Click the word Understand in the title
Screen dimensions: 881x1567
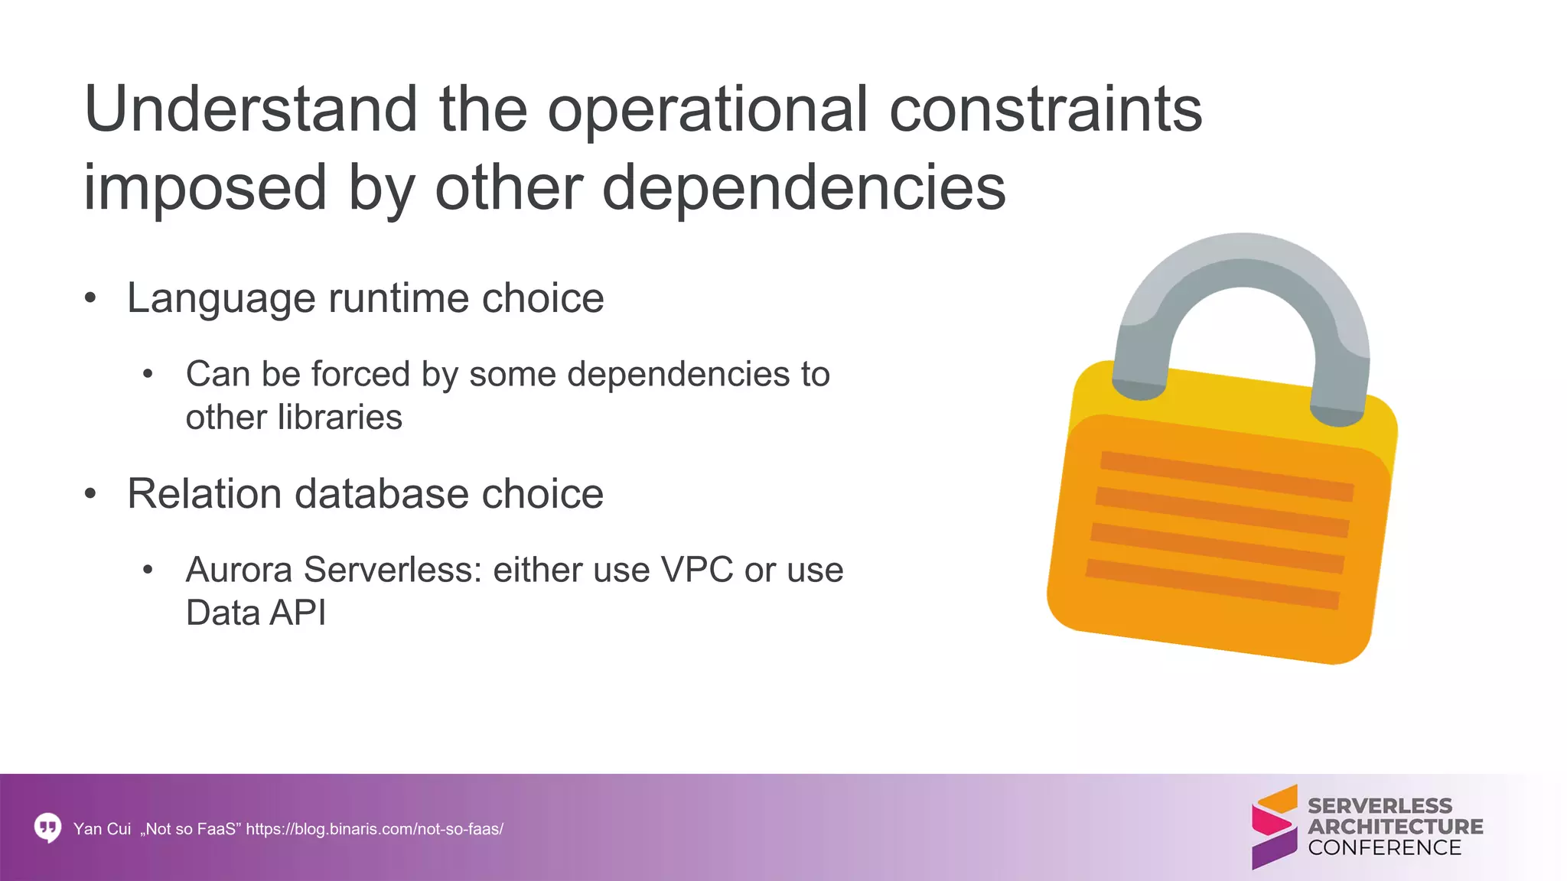tap(251, 109)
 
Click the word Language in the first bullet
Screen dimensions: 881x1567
tap(221, 298)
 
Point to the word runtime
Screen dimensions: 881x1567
tap(394, 298)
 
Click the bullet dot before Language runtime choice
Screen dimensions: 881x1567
tap(91, 298)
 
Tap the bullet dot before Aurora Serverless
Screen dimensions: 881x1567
tap(148, 571)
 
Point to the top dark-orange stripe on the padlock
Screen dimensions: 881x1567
tap(1227, 476)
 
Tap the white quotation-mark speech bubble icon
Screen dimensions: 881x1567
tap(48, 827)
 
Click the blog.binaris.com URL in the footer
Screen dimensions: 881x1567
tap(374, 829)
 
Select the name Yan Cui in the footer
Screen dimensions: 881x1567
tap(102, 829)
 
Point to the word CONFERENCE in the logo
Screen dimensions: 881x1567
tap(1384, 848)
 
